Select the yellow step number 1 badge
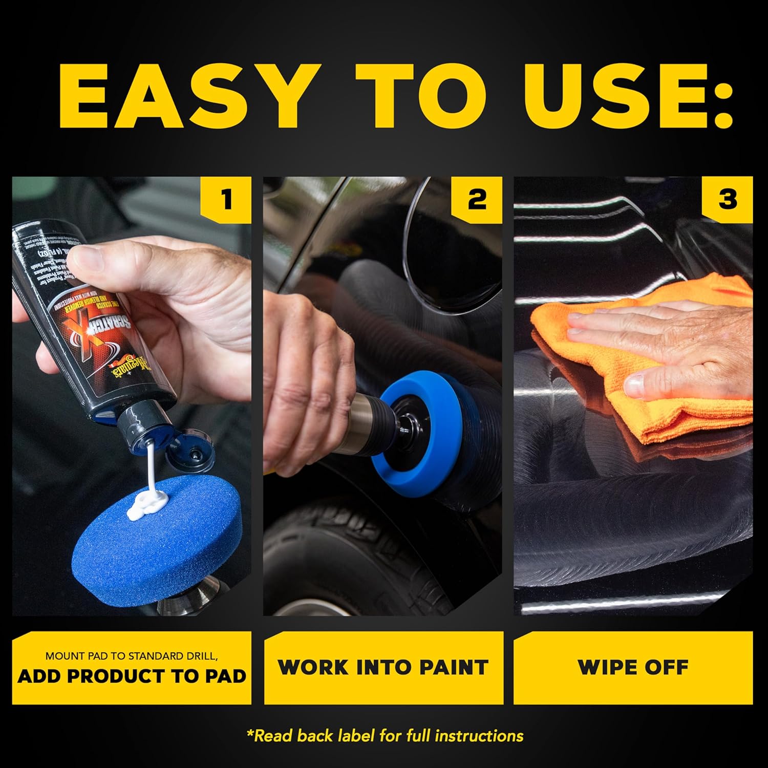coord(227,199)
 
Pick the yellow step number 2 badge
coord(477,199)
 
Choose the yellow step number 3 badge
coord(727,199)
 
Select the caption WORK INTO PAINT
coord(383,668)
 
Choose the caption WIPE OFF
coord(633,668)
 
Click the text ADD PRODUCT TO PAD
coord(132,676)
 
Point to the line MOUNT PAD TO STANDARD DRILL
coord(132,656)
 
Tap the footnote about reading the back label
coord(385,736)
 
